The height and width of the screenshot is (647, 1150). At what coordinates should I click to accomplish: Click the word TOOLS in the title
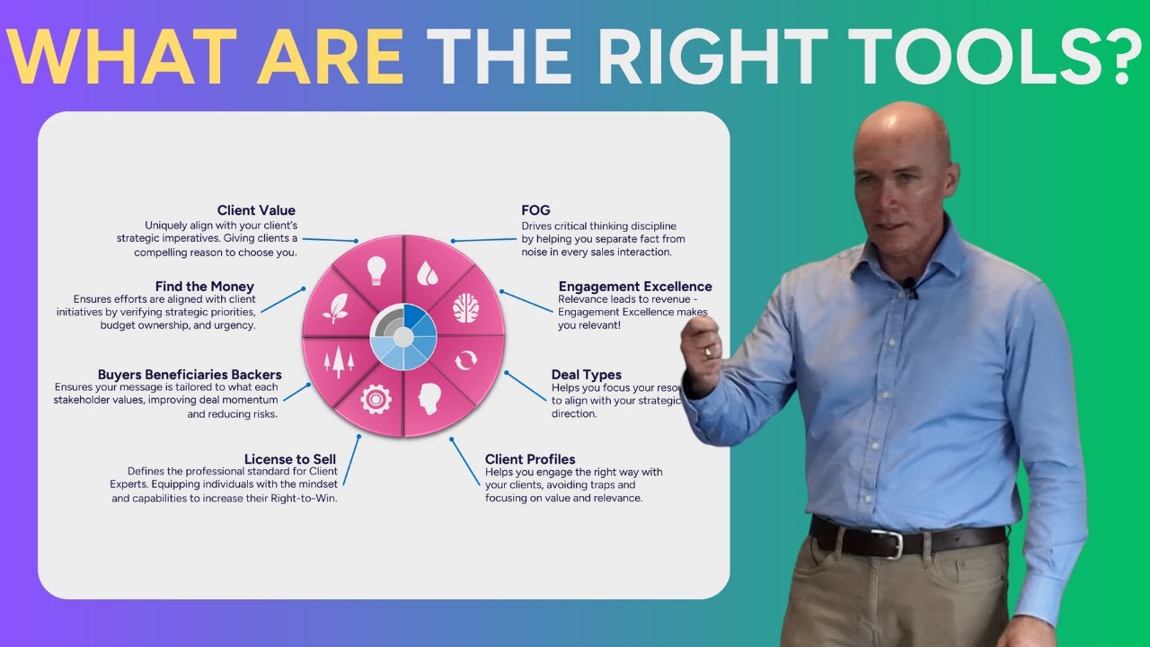click(975, 57)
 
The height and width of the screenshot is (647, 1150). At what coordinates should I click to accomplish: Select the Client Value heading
click(256, 211)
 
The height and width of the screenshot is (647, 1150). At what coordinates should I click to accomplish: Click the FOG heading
click(536, 211)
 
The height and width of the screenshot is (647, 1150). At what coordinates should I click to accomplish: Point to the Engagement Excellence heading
click(634, 287)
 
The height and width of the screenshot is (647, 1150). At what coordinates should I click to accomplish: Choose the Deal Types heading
click(586, 375)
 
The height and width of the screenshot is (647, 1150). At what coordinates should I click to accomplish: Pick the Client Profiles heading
click(530, 459)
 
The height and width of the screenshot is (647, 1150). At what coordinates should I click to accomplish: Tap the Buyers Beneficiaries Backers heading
click(190, 375)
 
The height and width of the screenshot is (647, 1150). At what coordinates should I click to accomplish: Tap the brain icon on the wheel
click(465, 308)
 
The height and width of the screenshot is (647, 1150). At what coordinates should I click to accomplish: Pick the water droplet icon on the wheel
click(428, 270)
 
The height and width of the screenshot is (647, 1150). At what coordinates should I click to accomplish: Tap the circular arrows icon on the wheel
click(466, 361)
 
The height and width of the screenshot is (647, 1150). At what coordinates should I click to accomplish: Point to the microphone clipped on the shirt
click(910, 288)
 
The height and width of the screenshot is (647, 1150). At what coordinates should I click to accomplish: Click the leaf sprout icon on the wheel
click(336, 308)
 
